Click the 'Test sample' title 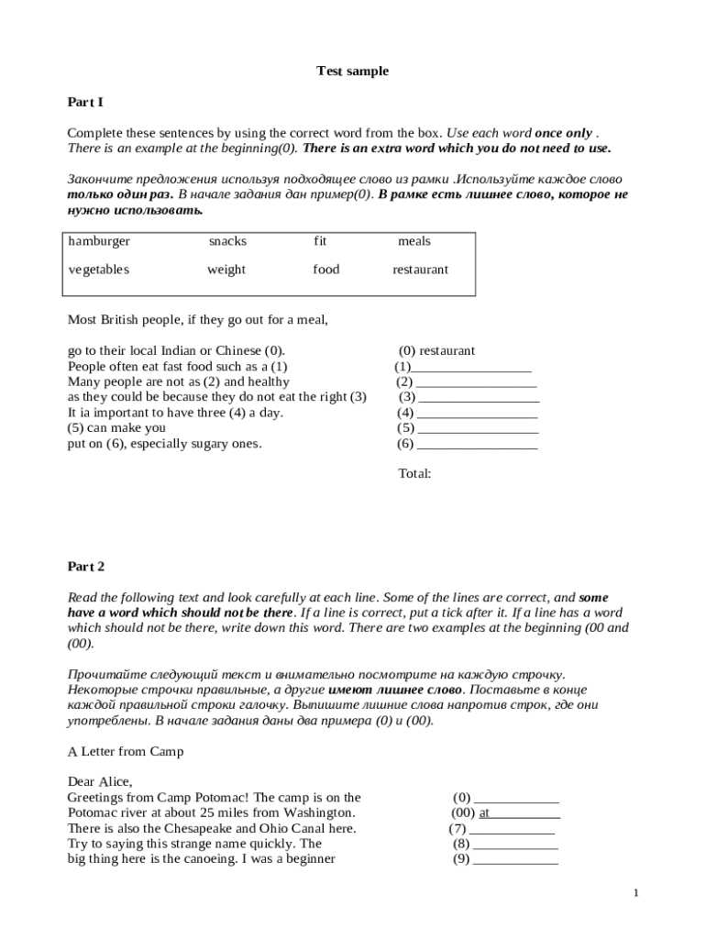tap(352, 71)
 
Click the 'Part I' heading tap(85, 102)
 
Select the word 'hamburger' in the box tap(99, 241)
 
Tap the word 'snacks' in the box tap(227, 241)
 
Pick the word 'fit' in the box tap(320, 241)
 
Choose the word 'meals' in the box tap(414, 241)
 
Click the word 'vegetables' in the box tap(99, 270)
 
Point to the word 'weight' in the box tap(226, 270)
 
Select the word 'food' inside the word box tap(325, 270)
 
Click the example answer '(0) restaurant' tap(436, 350)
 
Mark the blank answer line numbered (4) tap(477, 413)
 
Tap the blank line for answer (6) tap(477, 444)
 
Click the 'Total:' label tap(414, 474)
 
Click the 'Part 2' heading tap(86, 567)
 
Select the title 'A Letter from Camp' tap(126, 751)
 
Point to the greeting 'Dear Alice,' tap(100, 782)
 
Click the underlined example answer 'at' tap(485, 812)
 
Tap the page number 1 tap(636, 893)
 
